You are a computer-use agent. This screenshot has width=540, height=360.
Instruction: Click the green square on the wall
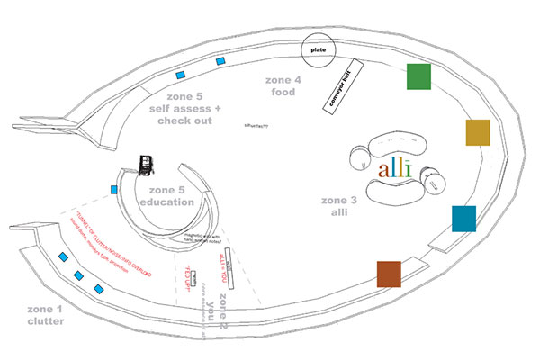419,76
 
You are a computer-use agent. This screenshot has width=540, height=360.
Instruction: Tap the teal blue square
463,219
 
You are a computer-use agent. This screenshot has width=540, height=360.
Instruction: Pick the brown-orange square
389,274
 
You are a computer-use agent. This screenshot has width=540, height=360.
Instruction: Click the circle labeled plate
318,50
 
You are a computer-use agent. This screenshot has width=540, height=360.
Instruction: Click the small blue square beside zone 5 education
114,189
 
